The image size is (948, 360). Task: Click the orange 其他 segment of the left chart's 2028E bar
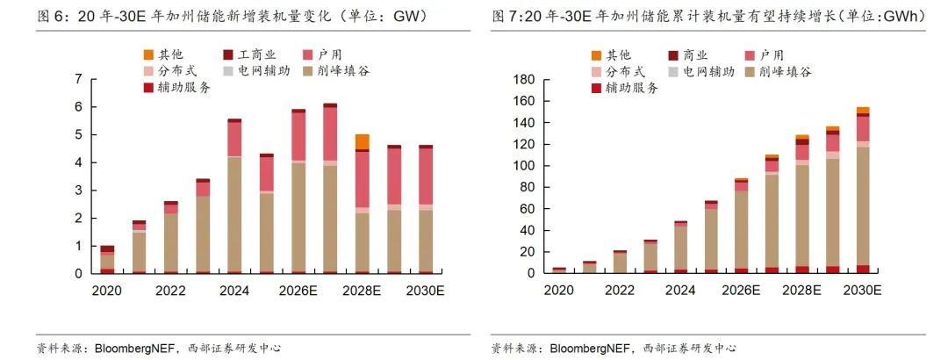click(x=362, y=141)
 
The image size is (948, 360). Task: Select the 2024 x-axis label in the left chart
click(x=234, y=292)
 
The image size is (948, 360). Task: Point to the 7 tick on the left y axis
click(x=79, y=79)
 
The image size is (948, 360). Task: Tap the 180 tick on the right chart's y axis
click(x=524, y=80)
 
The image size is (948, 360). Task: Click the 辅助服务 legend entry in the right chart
click(x=624, y=87)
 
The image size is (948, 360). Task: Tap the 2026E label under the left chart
click(x=298, y=292)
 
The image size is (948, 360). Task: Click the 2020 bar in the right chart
click(x=559, y=270)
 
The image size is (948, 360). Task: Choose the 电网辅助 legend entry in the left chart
click(x=261, y=70)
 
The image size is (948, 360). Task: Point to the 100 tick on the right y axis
click(x=524, y=166)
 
